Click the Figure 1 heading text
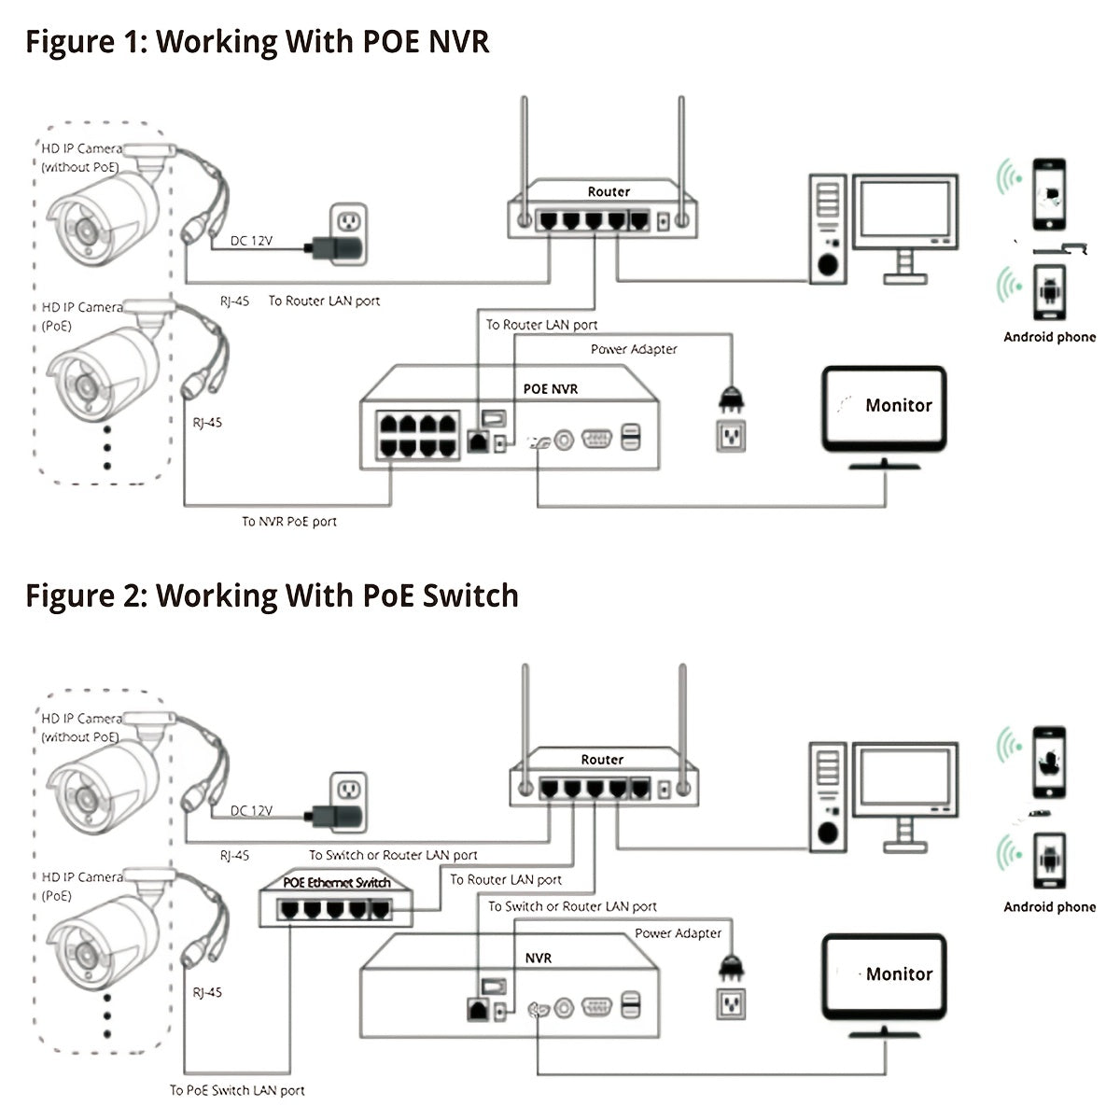pos(257,42)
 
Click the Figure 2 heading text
pos(272,595)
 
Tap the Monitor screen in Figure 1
pos(884,407)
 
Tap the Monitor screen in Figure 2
pos(884,975)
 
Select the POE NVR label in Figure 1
pos(551,388)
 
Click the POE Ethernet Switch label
pos(336,882)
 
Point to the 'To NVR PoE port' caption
pos(289,522)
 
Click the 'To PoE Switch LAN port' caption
pos(237,1090)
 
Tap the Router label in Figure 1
pos(609,191)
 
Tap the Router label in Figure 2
pos(602,760)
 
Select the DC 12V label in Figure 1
pos(251,241)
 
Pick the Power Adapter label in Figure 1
pos(634,349)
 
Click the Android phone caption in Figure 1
pos(1049,337)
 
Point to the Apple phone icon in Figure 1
pos(1050,194)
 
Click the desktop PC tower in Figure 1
pos(827,229)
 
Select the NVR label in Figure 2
pos(539,958)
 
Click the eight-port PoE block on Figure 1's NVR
pos(419,434)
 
